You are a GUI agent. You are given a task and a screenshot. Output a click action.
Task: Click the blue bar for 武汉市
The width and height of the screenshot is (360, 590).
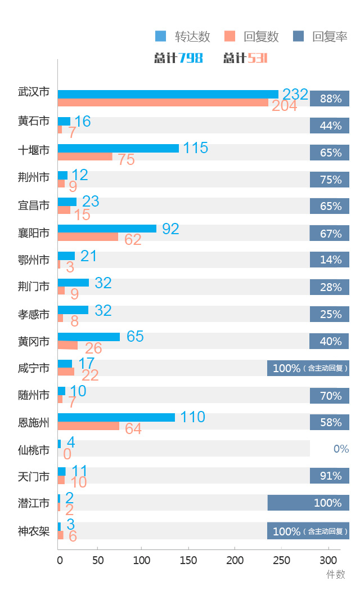168,94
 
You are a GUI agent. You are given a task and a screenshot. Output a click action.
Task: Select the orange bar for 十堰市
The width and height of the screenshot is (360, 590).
85,157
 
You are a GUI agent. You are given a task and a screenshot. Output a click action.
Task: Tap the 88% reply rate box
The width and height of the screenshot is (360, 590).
330,99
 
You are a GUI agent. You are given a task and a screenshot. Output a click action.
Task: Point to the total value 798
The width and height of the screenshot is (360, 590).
191,58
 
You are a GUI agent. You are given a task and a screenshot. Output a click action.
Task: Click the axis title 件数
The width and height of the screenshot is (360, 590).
336,574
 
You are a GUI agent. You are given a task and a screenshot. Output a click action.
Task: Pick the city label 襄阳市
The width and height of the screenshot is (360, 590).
34,233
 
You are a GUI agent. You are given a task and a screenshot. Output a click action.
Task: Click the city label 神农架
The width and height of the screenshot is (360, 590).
34,531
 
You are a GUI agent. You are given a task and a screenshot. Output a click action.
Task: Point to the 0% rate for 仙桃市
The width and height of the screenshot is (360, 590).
341,449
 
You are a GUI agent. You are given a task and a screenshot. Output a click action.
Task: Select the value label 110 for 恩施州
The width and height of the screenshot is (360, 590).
192,417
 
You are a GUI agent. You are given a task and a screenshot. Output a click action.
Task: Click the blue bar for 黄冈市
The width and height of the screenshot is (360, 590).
89,337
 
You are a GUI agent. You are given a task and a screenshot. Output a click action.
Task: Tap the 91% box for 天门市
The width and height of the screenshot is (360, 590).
330,476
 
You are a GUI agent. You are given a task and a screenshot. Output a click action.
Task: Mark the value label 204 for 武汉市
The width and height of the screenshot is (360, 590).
284,106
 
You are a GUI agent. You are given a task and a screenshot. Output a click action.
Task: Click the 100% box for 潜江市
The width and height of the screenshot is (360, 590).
308,503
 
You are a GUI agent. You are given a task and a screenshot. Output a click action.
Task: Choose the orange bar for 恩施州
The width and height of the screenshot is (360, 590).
88,426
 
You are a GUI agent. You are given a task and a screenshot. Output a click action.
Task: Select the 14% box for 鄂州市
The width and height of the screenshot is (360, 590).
330,260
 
